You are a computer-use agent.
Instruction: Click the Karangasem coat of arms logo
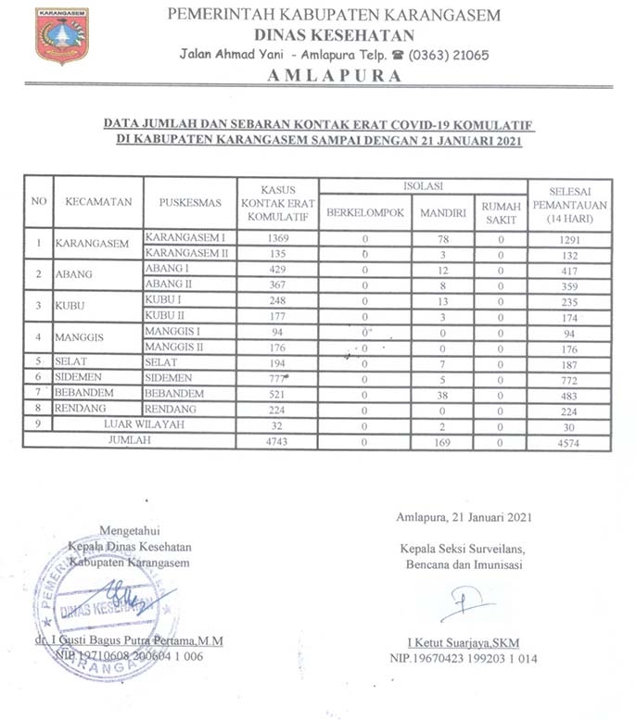[61, 35]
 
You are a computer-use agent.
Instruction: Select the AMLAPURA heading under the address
[335, 76]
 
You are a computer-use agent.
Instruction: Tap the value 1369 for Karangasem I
[276, 238]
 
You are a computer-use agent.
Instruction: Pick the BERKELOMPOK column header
[365, 212]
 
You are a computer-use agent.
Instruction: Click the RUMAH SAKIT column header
[501, 212]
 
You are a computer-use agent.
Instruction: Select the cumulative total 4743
[276, 442]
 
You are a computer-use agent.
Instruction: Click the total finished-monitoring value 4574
[569, 442]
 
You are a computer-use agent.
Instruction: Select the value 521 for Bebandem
[276, 394]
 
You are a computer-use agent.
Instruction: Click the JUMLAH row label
[130, 442]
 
